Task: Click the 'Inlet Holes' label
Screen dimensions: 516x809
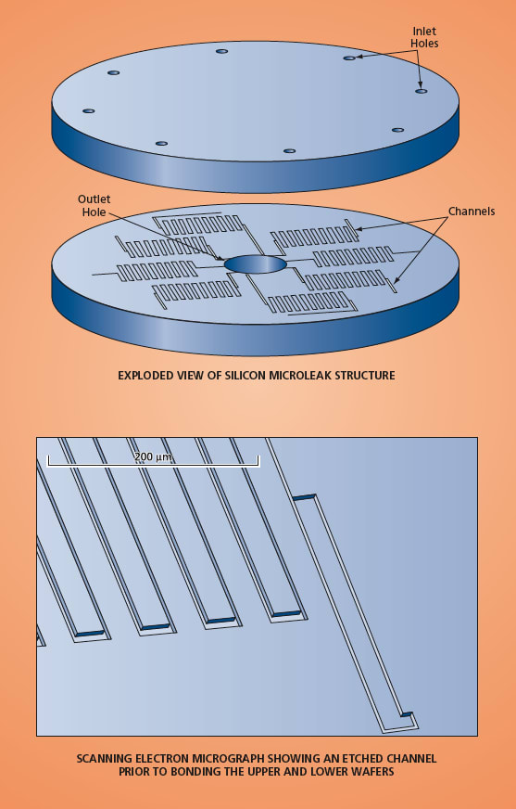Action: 424,38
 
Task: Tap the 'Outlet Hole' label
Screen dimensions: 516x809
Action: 94,205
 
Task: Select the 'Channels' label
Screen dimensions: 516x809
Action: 472,211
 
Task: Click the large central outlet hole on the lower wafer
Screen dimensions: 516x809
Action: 256,263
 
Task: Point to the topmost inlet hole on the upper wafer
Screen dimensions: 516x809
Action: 222,51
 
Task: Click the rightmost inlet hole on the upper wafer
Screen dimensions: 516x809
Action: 422,91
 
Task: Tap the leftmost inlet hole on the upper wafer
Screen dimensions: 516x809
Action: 89,111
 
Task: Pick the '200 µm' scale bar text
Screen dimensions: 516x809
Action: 153,456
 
